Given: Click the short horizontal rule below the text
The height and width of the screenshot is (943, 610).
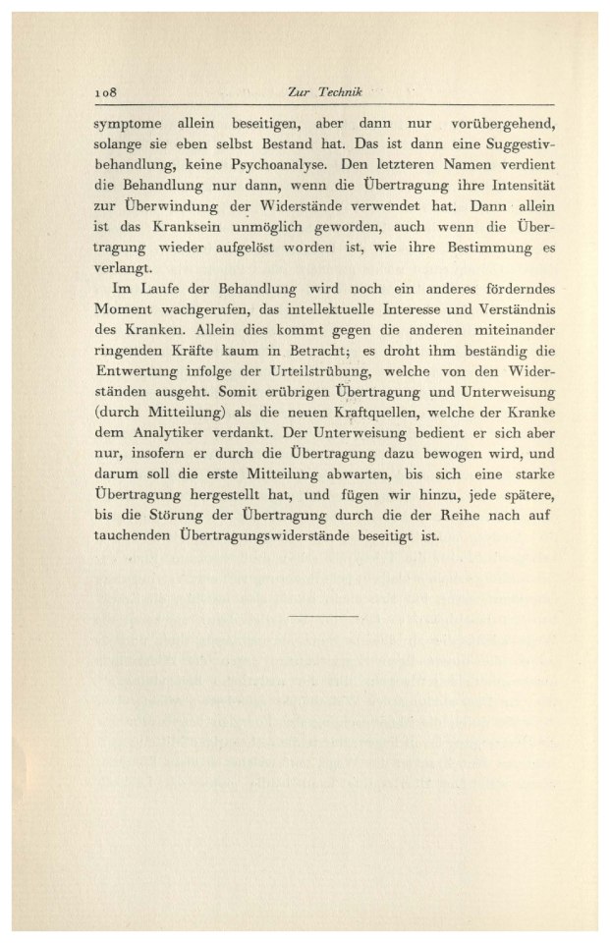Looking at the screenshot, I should coord(325,615).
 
